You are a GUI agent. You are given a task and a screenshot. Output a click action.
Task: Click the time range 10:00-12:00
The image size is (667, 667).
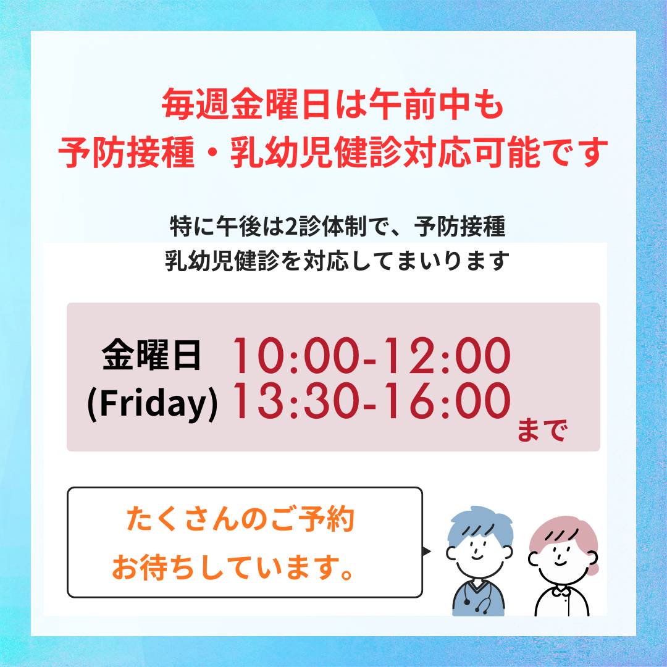[x=371, y=356]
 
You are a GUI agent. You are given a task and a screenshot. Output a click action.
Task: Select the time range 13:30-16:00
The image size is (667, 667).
[x=371, y=400]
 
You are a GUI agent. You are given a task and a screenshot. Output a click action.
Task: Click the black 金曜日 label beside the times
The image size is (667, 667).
[x=151, y=355]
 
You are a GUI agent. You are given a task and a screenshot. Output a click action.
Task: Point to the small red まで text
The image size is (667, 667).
[x=542, y=430]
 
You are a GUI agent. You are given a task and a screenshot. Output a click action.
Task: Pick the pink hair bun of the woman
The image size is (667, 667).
[x=593, y=568]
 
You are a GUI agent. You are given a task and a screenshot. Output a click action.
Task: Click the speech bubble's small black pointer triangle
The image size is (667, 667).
[x=427, y=552]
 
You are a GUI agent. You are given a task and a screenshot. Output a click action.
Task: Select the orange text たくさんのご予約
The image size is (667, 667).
[x=240, y=519]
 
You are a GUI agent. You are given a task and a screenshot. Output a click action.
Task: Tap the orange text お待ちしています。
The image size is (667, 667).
[x=233, y=567]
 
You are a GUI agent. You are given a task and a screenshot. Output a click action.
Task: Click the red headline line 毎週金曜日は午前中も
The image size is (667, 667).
[x=333, y=104]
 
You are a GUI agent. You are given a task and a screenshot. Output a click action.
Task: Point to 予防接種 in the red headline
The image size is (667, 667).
[x=127, y=152]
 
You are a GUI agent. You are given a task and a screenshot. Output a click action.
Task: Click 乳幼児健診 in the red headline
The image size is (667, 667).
[x=316, y=152]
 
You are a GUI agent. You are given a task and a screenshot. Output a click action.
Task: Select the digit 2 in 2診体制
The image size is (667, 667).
[x=291, y=227]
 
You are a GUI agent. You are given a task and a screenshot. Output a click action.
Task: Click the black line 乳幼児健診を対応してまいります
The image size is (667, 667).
[x=337, y=261]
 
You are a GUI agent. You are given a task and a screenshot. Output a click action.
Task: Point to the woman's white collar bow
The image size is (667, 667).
[x=561, y=590]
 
